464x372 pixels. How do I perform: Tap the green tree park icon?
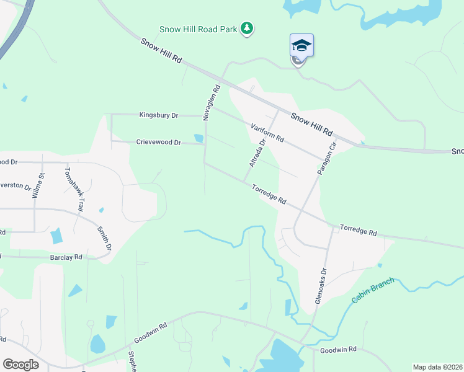(248, 28)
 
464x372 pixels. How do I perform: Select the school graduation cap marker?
(301, 46)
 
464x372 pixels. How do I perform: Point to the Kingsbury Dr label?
(158, 115)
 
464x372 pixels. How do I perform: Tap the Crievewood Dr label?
(158, 142)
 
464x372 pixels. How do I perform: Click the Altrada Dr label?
(257, 153)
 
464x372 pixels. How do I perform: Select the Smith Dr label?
(104, 238)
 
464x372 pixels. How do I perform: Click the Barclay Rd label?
(66, 257)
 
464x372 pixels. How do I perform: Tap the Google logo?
(20, 365)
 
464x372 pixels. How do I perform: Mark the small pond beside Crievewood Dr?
(199, 138)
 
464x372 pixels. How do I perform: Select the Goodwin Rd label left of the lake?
(151, 334)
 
